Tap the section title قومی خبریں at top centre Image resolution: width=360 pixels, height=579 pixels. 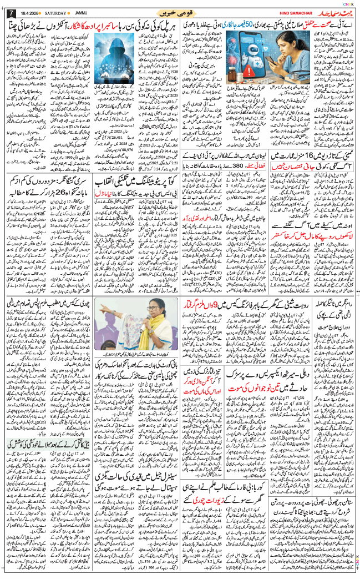(180, 11)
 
